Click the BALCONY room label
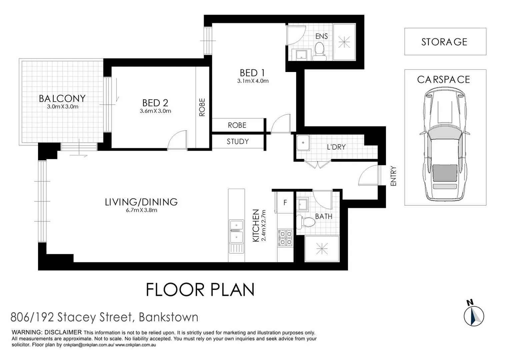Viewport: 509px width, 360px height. [62, 98]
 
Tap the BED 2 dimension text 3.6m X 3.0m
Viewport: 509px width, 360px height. [155, 111]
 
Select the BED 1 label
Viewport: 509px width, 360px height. [252, 73]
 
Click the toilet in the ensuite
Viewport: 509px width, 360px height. [320, 52]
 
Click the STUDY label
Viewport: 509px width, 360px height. [238, 142]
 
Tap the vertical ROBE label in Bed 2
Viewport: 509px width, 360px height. [202, 107]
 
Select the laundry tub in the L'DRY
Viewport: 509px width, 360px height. [303, 143]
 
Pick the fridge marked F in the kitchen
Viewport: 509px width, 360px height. [285, 202]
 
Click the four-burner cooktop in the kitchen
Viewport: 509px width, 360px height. [285, 238]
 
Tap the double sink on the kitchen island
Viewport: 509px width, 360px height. [236, 232]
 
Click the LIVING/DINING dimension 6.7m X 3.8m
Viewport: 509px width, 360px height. [141, 210]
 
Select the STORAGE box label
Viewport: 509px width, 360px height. [444, 42]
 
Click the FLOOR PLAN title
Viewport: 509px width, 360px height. [200, 290]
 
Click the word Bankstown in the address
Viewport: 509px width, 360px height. [168, 317]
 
